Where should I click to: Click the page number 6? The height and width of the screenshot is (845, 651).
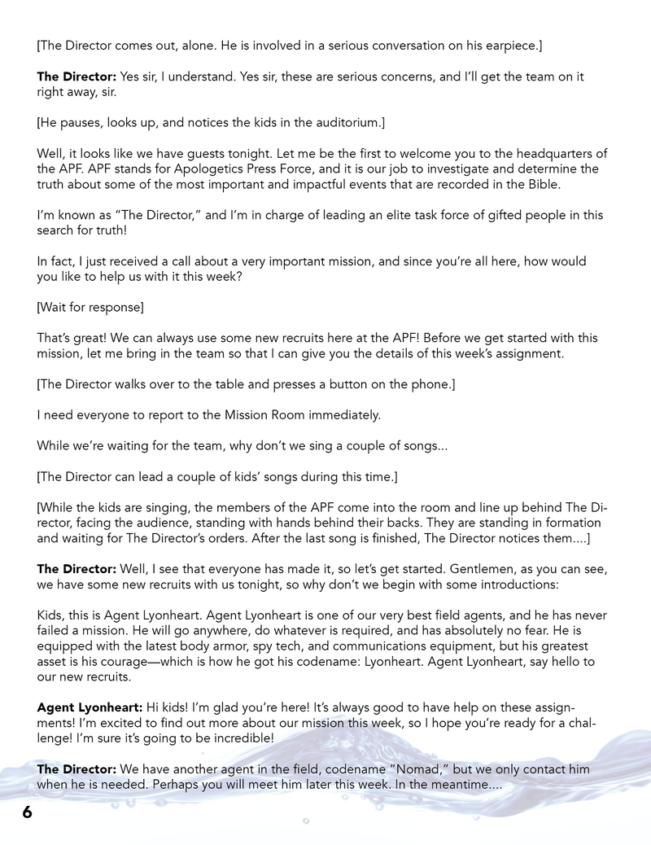(27, 812)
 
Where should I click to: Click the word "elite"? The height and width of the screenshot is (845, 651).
(358, 215)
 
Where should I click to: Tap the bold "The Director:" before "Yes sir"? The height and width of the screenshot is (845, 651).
(76, 77)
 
